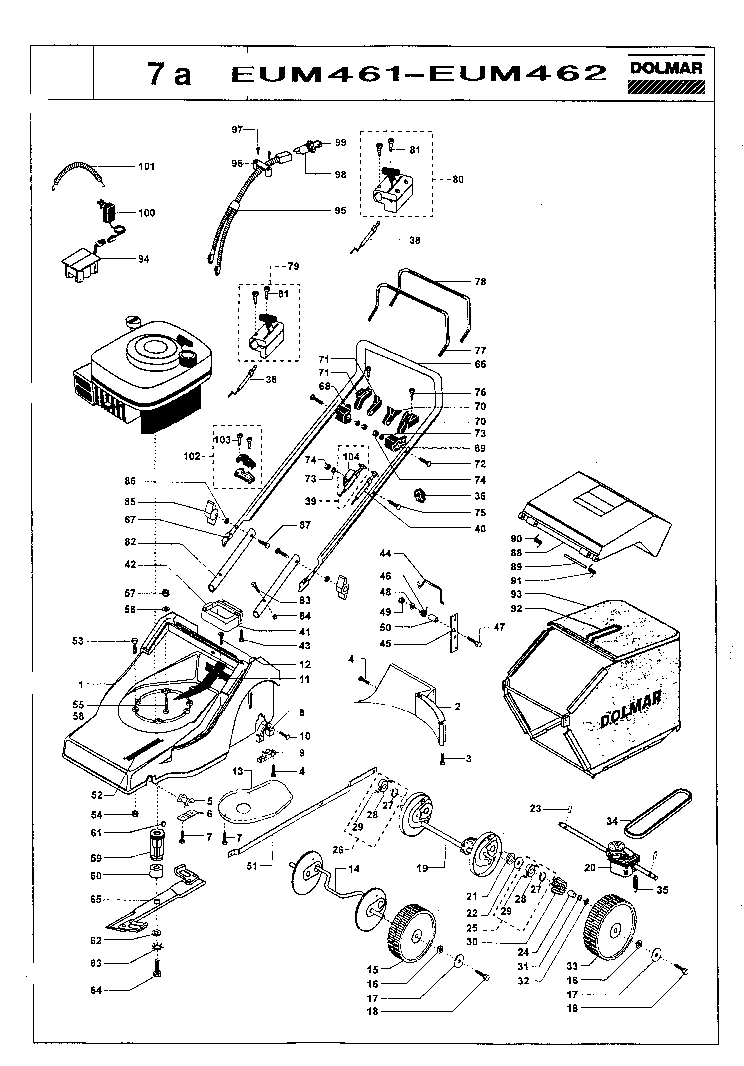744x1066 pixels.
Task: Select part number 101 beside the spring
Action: pos(147,166)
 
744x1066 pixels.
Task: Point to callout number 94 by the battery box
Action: pos(144,259)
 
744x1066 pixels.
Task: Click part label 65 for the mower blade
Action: pos(96,899)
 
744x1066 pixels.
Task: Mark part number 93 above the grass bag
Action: pos(516,594)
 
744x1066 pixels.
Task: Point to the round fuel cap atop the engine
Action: pos(134,321)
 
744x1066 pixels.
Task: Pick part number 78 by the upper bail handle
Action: pos(480,282)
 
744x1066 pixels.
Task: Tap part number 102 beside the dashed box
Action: pos(192,456)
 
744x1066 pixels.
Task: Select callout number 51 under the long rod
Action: pos(252,865)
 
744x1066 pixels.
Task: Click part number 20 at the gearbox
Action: pos(590,868)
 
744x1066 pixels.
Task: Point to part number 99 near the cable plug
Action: pos(340,142)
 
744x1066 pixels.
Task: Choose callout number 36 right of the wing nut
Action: pos(480,496)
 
